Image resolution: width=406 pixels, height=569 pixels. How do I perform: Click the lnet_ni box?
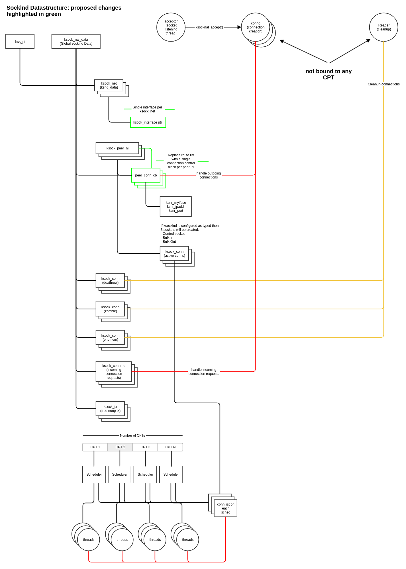[20, 42]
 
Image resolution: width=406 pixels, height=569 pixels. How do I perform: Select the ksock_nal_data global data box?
[76, 42]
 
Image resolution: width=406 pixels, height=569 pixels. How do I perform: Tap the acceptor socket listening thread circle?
[171, 27]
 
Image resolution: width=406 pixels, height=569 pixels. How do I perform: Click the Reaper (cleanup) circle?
[383, 27]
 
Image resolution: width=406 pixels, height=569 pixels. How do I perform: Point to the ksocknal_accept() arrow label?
[209, 27]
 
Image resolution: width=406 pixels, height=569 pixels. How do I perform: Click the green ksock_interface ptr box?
[148, 122]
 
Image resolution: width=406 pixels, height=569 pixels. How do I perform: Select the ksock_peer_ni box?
[117, 148]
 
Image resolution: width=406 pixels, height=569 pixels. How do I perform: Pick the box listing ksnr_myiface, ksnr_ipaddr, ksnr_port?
[176, 207]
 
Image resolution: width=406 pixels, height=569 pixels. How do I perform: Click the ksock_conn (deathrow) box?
[110, 281]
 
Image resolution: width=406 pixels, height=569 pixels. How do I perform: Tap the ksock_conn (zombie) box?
[110, 309]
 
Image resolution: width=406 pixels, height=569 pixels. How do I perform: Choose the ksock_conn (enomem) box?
[110, 338]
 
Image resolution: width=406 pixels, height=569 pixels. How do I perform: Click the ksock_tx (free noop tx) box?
[110, 409]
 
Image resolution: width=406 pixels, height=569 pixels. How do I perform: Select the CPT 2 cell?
[120, 447]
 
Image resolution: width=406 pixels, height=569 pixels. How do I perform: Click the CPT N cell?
[170, 447]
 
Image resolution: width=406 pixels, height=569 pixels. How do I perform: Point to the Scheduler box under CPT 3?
[145, 474]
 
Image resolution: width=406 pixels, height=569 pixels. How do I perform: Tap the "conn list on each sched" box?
[226, 508]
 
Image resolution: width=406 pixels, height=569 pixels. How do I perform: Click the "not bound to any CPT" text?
[329, 74]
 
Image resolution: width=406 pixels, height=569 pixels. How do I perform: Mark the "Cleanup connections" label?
[383, 84]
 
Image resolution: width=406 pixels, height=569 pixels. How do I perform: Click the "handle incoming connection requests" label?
[204, 372]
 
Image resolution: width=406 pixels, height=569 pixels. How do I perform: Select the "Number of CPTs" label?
[132, 436]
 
